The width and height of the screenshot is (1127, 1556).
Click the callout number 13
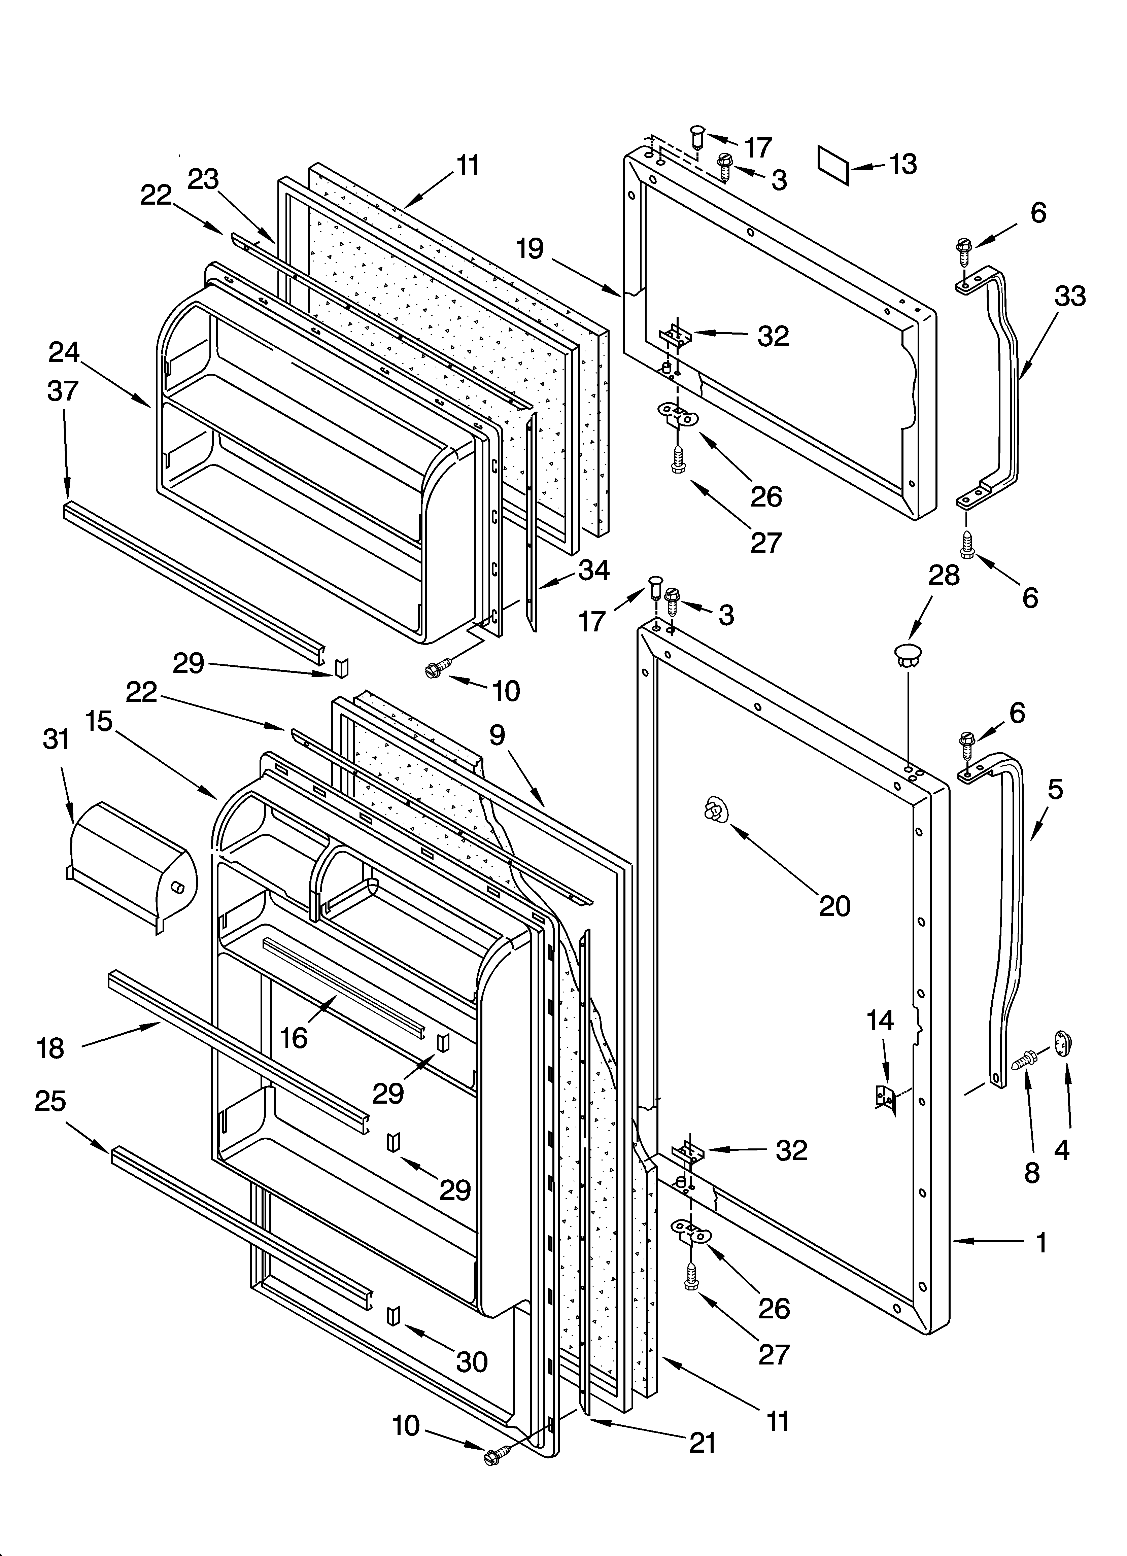903,165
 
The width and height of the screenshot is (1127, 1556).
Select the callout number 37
63,391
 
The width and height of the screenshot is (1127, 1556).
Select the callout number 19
530,248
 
